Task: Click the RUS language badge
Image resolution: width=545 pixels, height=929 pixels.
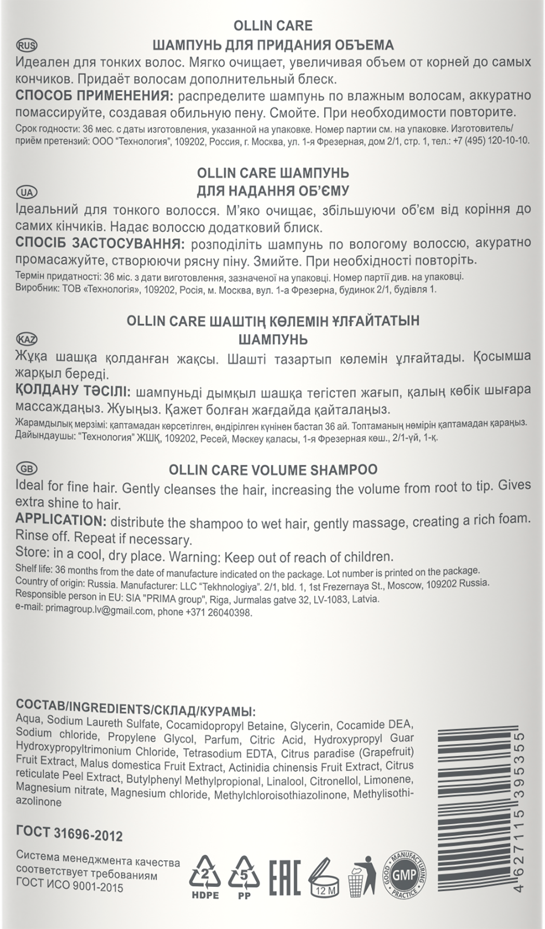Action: (x=27, y=46)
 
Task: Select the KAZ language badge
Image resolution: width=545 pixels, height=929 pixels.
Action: (x=27, y=339)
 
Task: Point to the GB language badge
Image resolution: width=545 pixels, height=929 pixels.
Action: (x=27, y=469)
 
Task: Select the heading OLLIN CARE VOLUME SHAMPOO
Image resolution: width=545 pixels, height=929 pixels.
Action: (x=273, y=470)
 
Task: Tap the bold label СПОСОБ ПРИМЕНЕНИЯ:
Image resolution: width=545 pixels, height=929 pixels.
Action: (x=95, y=96)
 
